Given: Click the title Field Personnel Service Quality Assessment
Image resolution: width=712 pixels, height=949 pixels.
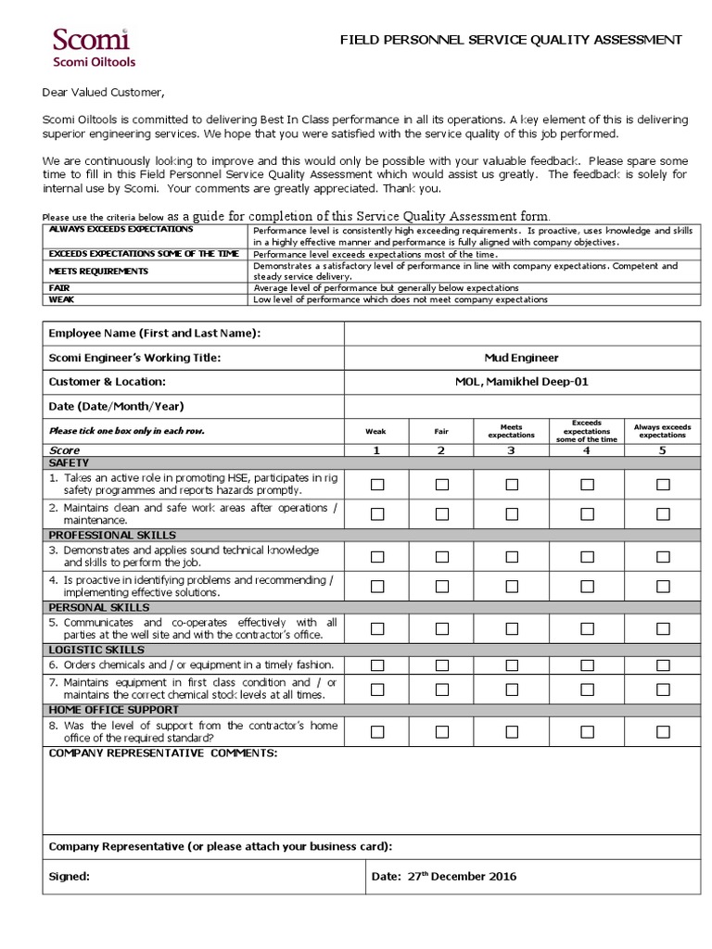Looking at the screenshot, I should point(511,40).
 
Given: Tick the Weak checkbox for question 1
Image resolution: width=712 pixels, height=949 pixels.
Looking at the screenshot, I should point(377,484).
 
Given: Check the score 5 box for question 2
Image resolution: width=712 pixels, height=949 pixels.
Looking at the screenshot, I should point(663,513).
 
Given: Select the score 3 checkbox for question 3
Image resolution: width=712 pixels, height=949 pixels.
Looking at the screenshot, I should point(512,556).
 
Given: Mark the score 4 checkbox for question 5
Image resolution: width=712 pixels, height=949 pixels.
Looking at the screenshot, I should point(587,628).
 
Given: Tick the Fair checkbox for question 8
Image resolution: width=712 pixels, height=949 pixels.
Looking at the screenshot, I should point(441,731).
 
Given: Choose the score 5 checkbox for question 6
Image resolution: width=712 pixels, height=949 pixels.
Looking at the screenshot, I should point(663,664).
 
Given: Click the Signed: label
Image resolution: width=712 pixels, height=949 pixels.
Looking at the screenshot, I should point(70,877).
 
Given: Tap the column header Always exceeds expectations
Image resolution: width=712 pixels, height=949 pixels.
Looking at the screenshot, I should point(662,431).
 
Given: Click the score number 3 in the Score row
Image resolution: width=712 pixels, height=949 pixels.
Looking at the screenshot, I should point(512,450).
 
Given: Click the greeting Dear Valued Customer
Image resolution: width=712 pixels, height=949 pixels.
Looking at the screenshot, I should point(103,93).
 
